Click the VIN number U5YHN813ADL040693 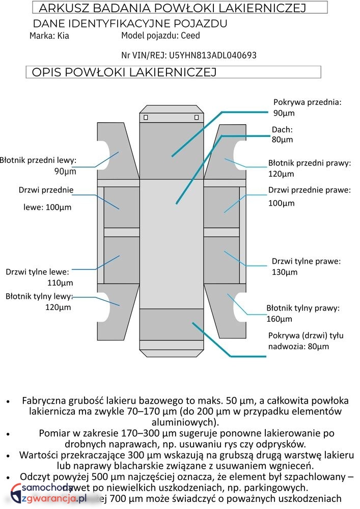pyautogui.click(x=212, y=55)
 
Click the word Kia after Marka pyautogui.click(x=63, y=36)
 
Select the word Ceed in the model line pyautogui.click(x=190, y=36)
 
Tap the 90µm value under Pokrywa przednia pyautogui.click(x=284, y=113)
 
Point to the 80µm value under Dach pyautogui.click(x=282, y=139)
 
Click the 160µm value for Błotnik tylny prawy pyautogui.click(x=280, y=319)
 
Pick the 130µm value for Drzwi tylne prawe pyautogui.click(x=284, y=272)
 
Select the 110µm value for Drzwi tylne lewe pyautogui.click(x=60, y=283)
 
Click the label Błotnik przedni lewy pyautogui.click(x=38, y=160)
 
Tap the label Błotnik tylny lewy pyautogui.click(x=39, y=296)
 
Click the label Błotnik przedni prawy pyautogui.click(x=310, y=163)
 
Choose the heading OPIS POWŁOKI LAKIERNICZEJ pyautogui.click(x=124, y=72)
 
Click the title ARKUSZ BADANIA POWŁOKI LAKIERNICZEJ pyautogui.click(x=172, y=8)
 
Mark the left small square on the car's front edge pyautogui.click(x=146, y=118)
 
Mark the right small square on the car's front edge pyautogui.click(x=197, y=118)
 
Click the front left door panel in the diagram pyautogui.click(x=121, y=207)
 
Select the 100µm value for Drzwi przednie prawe pyautogui.click(x=282, y=204)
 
